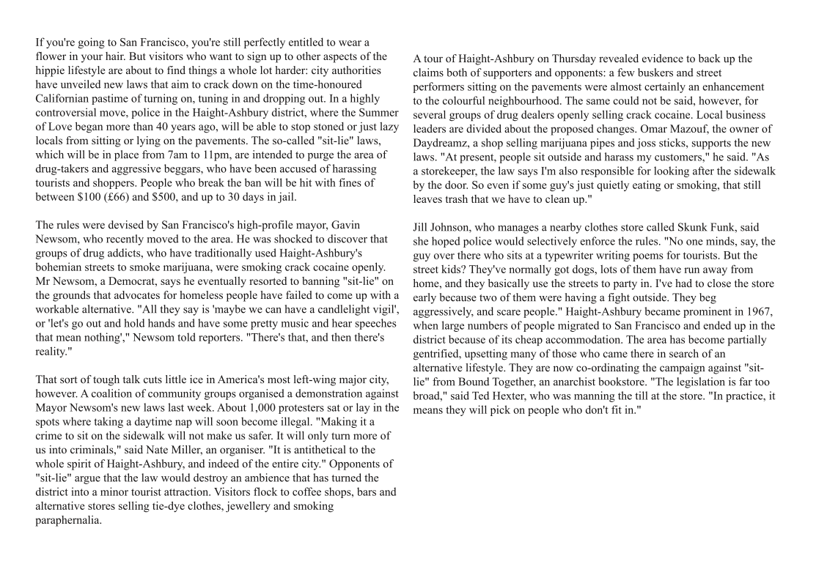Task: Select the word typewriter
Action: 565,256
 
